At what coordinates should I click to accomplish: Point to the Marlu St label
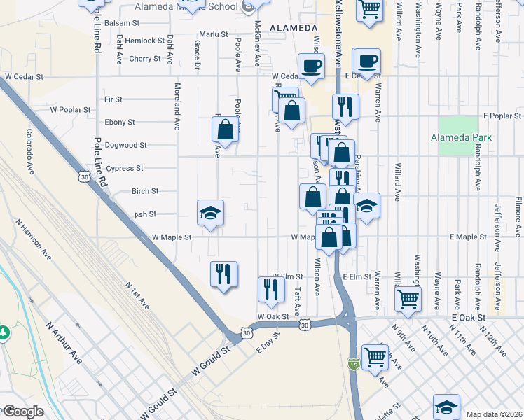214,34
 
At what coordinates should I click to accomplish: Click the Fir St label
113,99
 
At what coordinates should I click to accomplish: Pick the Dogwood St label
126,145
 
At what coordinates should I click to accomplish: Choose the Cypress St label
125,168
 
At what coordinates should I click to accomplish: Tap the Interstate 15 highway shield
354,364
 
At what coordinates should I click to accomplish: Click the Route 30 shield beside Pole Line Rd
84,178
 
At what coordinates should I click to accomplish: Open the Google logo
24,412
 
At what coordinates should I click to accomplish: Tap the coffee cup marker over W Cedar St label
312,66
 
